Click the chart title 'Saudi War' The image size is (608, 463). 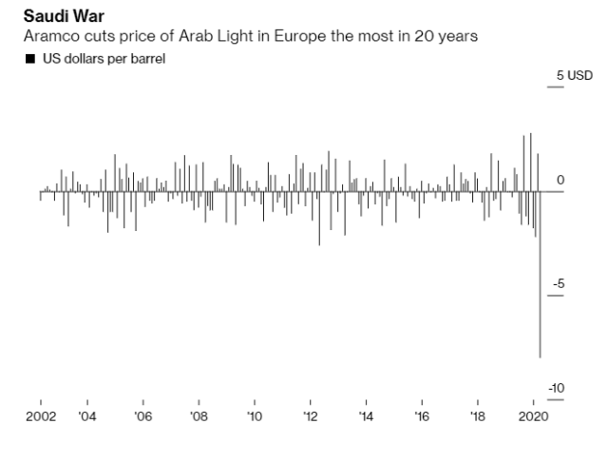[x=63, y=16]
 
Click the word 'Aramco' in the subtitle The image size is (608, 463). [x=48, y=36]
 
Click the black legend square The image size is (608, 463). [x=29, y=59]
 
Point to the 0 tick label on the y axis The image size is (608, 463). [x=560, y=180]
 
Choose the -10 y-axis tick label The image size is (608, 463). [x=557, y=388]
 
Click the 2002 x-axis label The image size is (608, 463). [x=39, y=415]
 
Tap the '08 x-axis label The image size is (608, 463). [x=198, y=415]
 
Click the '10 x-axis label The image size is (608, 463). [x=254, y=415]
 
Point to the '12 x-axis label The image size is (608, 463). [x=310, y=415]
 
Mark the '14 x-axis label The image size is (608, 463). [x=366, y=415]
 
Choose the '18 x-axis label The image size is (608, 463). [x=478, y=415]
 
